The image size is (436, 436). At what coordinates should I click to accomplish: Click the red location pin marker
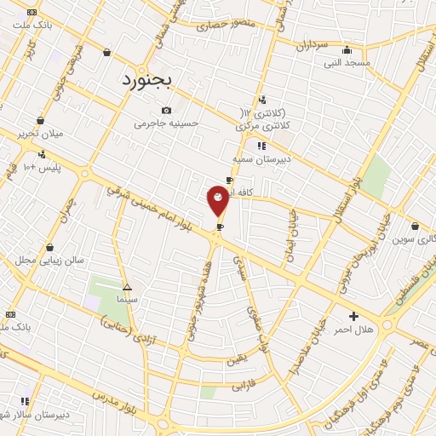(219, 201)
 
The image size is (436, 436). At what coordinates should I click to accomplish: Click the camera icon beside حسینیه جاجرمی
(166, 110)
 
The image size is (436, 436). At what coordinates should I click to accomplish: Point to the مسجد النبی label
(344, 62)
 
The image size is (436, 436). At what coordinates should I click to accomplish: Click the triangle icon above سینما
(127, 288)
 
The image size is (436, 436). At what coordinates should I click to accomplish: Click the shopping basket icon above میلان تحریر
(40, 121)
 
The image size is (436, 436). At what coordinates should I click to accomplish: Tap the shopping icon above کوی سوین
(415, 227)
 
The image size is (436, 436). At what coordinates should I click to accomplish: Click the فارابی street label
(244, 385)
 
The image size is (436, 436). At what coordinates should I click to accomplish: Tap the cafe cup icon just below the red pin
(220, 227)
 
